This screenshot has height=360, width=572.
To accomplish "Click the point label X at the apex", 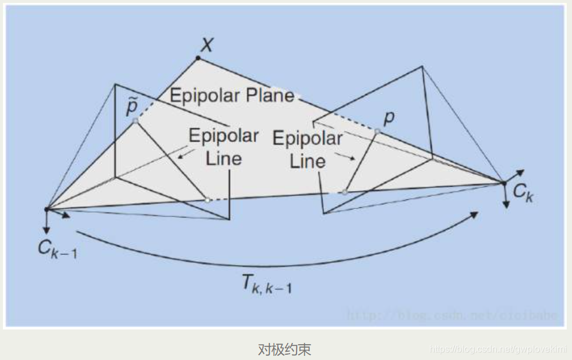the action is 206,44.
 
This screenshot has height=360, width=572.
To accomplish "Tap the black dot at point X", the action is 198,58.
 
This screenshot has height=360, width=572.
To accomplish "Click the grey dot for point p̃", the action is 136,120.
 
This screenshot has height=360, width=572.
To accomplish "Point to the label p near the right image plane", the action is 389,118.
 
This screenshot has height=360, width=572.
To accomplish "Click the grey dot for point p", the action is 377,132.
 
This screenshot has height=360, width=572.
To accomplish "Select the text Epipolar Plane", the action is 232,95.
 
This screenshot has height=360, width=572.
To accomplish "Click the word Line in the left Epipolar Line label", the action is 224,158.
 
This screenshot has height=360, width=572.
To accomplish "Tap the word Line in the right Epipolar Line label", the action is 308,161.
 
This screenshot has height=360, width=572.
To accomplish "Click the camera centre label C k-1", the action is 57,248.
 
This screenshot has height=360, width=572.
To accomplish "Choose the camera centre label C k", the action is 523,193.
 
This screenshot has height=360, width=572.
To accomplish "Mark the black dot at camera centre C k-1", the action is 46,209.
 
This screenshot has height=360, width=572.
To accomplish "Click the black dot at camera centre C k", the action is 503,183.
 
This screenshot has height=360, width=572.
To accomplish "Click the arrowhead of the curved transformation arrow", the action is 475,217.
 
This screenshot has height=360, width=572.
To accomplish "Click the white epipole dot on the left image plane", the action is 207,200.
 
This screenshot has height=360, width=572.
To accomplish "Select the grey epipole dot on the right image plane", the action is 345,192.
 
